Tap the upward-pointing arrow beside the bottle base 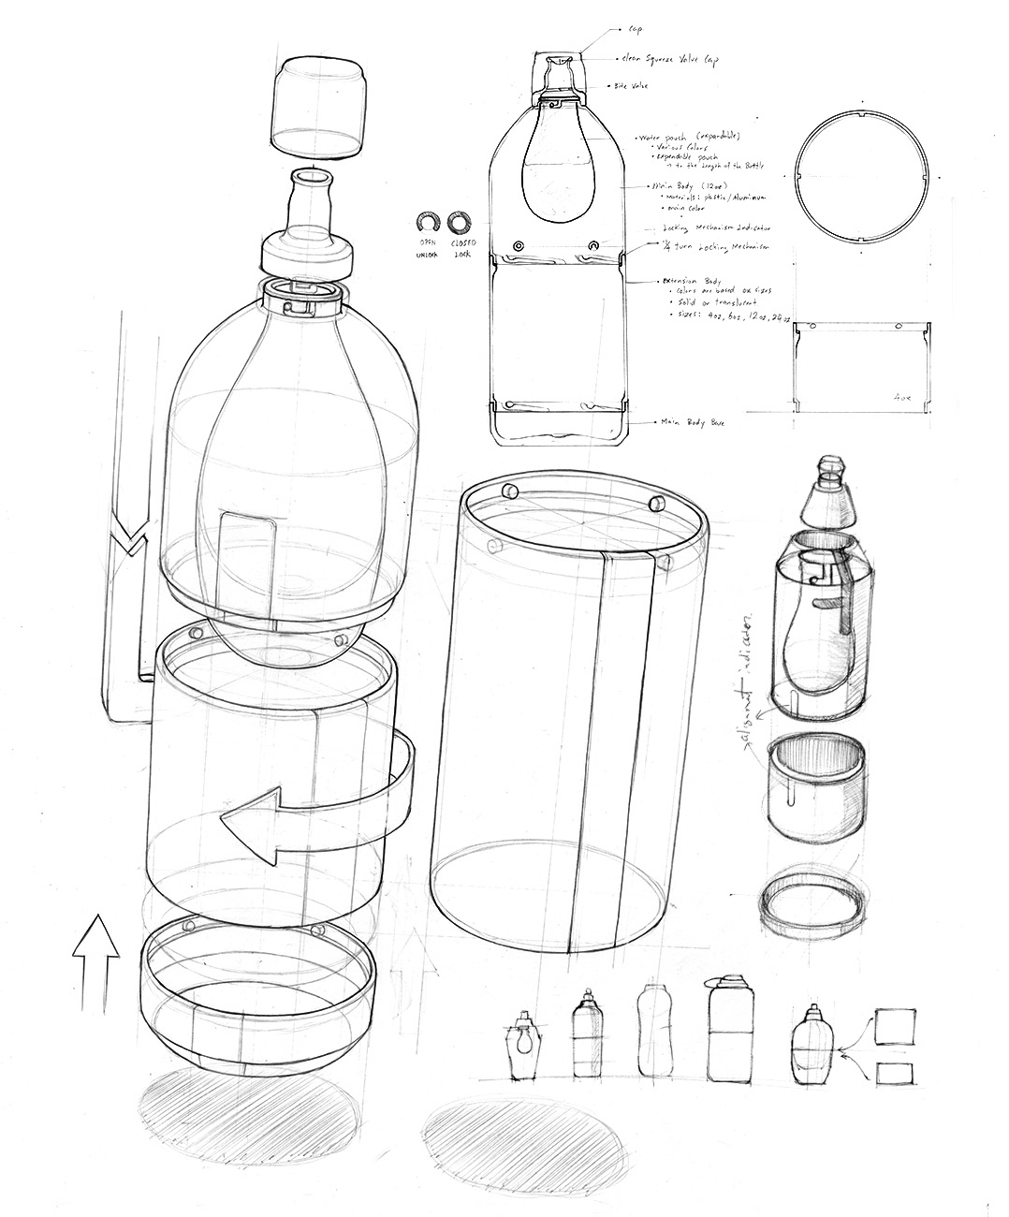click(x=96, y=964)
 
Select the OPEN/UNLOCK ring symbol click(x=428, y=223)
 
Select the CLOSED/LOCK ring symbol click(x=459, y=223)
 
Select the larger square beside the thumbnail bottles click(x=894, y=1027)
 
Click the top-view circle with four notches click(x=860, y=179)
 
